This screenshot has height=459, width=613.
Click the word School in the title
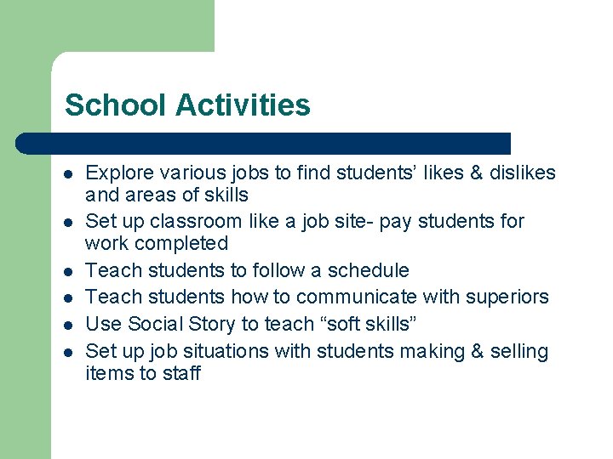pyautogui.click(x=116, y=105)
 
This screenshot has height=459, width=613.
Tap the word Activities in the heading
pyautogui.click(x=243, y=105)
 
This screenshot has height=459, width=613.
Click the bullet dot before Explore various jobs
pyautogui.click(x=69, y=174)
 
